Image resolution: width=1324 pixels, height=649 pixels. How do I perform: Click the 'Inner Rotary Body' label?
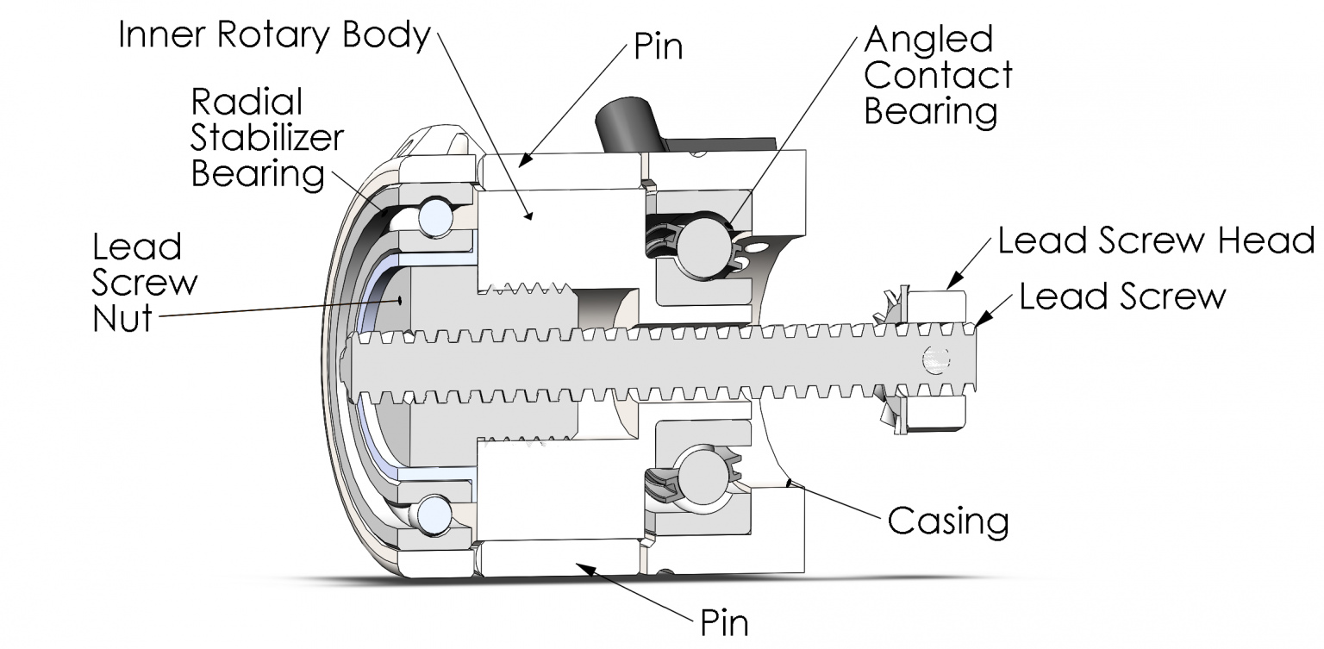(274, 35)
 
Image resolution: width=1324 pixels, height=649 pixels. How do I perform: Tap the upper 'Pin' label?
(658, 47)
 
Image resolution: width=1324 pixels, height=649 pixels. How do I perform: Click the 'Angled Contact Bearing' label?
(938, 75)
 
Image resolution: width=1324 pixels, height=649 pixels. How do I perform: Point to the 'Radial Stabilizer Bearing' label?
(267, 138)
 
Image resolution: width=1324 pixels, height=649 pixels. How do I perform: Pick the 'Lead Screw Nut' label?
(145, 283)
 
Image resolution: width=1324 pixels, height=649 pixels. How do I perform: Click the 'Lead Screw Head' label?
(1156, 240)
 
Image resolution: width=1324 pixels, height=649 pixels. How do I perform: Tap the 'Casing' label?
(948, 521)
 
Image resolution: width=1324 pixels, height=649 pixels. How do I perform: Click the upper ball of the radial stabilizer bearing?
(435, 217)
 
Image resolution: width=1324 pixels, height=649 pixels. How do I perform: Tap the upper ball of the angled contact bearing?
(702, 246)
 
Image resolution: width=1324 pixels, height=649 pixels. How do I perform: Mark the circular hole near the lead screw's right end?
(934, 359)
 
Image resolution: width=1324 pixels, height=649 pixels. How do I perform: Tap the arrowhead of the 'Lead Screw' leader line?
(980, 321)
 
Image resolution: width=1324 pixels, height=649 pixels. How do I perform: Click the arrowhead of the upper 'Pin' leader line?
(525, 159)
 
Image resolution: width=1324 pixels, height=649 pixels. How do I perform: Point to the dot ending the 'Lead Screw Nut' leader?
(400, 300)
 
